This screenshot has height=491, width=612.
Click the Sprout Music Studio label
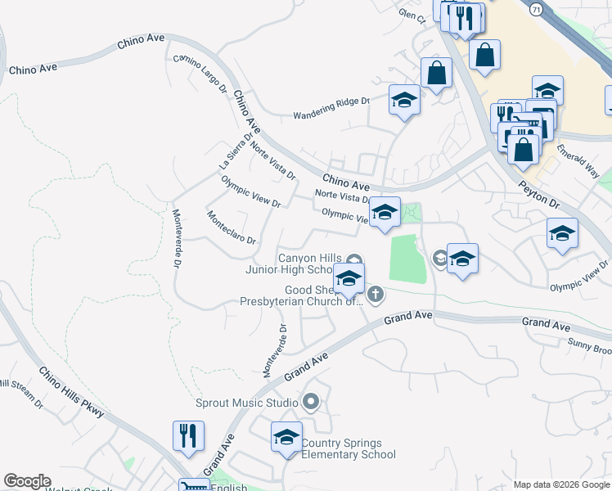(x=246, y=403)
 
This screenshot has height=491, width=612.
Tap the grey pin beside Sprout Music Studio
(x=311, y=402)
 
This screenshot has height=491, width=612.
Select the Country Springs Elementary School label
(x=349, y=449)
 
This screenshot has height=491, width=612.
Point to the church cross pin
(x=375, y=293)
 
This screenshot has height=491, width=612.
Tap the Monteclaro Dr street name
(x=232, y=228)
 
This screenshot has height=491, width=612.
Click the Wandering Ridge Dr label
(x=331, y=102)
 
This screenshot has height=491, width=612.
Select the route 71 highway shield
(x=535, y=9)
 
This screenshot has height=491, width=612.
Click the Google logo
(x=27, y=481)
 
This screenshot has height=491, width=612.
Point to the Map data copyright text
(x=561, y=484)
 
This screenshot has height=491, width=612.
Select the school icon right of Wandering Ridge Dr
(x=404, y=101)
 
